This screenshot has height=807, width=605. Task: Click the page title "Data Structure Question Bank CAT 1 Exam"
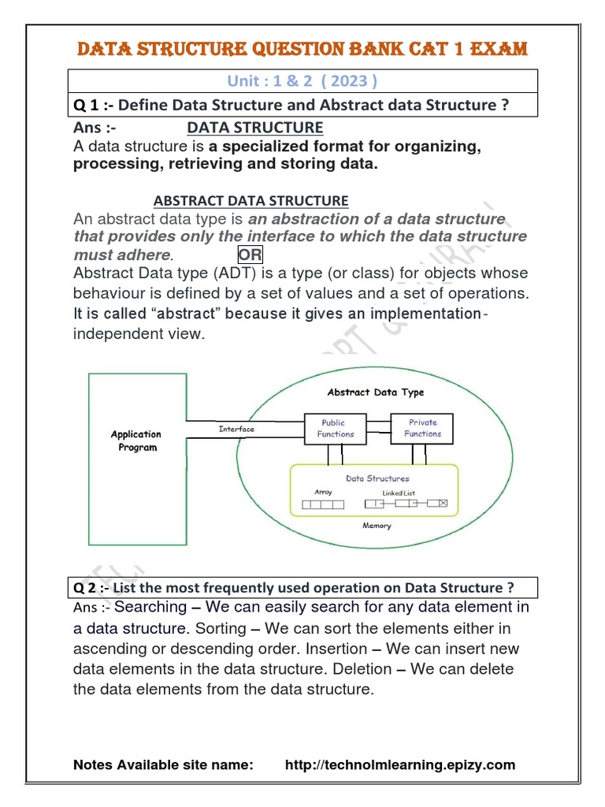coord(302,49)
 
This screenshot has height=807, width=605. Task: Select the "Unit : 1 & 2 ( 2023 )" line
coord(302,81)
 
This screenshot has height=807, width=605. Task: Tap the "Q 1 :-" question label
coord(93,106)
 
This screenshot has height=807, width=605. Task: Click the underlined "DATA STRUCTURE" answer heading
coord(254,128)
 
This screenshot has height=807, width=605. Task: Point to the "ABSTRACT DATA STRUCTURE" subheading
coord(250,201)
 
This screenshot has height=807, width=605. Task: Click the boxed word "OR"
coord(251,255)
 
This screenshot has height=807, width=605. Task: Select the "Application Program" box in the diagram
coord(135,441)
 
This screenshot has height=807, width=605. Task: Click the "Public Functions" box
coord(336,428)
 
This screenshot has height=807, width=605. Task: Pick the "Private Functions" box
coord(422,428)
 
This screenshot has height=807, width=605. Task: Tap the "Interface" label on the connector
coord(236,430)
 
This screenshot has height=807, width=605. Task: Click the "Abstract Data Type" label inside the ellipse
coord(375,392)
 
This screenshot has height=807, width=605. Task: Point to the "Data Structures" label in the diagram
coord(377,478)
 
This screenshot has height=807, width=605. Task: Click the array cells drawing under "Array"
coord(323,504)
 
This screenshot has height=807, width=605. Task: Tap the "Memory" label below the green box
coord(377,526)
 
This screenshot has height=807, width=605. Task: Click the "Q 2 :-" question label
coord(91,588)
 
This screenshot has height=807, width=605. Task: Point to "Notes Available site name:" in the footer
coord(163,764)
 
